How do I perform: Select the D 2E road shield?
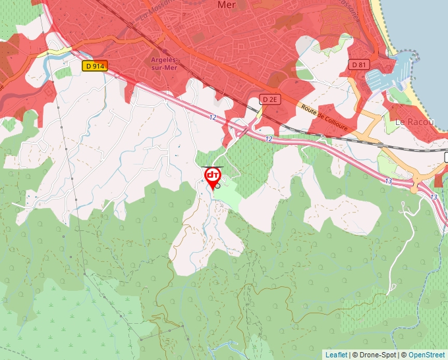point(270,99)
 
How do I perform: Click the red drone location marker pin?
point(213,176)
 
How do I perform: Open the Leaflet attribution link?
point(336,355)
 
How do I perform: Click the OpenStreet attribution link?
point(427,355)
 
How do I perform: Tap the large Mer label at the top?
point(227,5)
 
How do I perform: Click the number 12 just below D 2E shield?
point(269,139)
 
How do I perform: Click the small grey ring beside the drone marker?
point(217,186)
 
